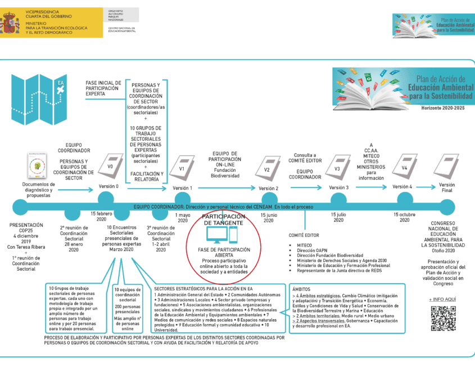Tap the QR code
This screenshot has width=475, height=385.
[x=442, y=318]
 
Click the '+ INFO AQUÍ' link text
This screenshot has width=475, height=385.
[x=442, y=299]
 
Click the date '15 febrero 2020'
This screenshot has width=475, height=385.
[x=102, y=217]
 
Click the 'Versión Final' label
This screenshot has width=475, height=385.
[x=447, y=187]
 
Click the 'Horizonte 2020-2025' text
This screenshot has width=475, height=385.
[x=447, y=107]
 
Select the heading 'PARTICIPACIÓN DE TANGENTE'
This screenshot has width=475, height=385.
[x=223, y=220]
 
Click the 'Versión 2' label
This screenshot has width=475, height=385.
[x=268, y=188]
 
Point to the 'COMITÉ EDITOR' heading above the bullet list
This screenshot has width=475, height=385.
[x=304, y=234]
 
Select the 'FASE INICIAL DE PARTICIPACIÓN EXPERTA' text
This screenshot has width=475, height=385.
[x=102, y=88]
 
